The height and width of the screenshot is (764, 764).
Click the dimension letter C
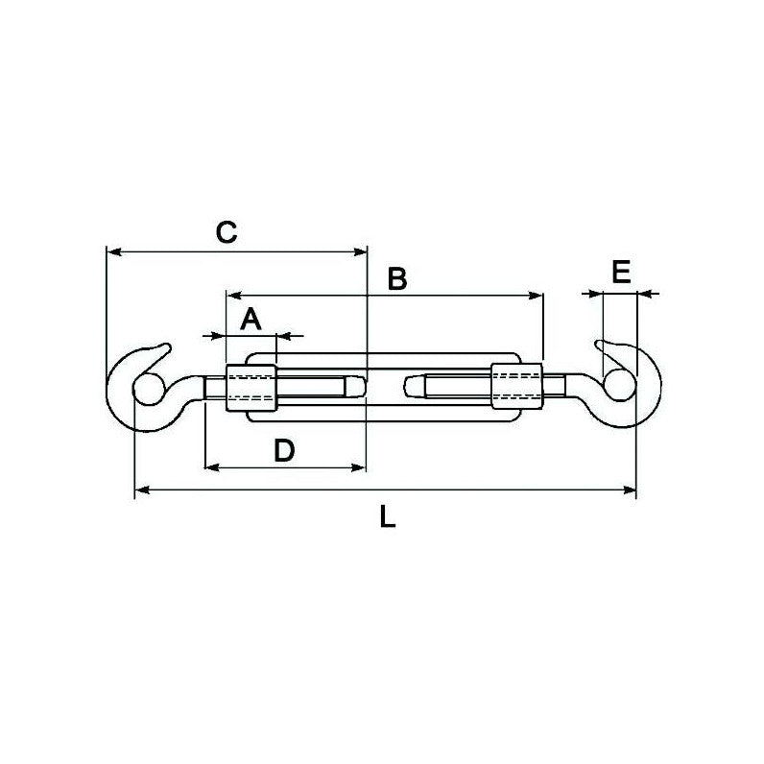click(224, 231)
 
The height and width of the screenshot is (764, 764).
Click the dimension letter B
click(396, 279)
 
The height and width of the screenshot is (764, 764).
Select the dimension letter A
click(250, 320)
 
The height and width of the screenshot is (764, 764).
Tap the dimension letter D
click(283, 450)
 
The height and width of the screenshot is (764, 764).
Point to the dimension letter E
click(621, 273)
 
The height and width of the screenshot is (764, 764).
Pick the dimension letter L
click(387, 517)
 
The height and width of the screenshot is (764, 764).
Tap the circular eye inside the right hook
click(617, 388)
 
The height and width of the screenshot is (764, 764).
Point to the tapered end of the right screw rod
click(411, 388)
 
